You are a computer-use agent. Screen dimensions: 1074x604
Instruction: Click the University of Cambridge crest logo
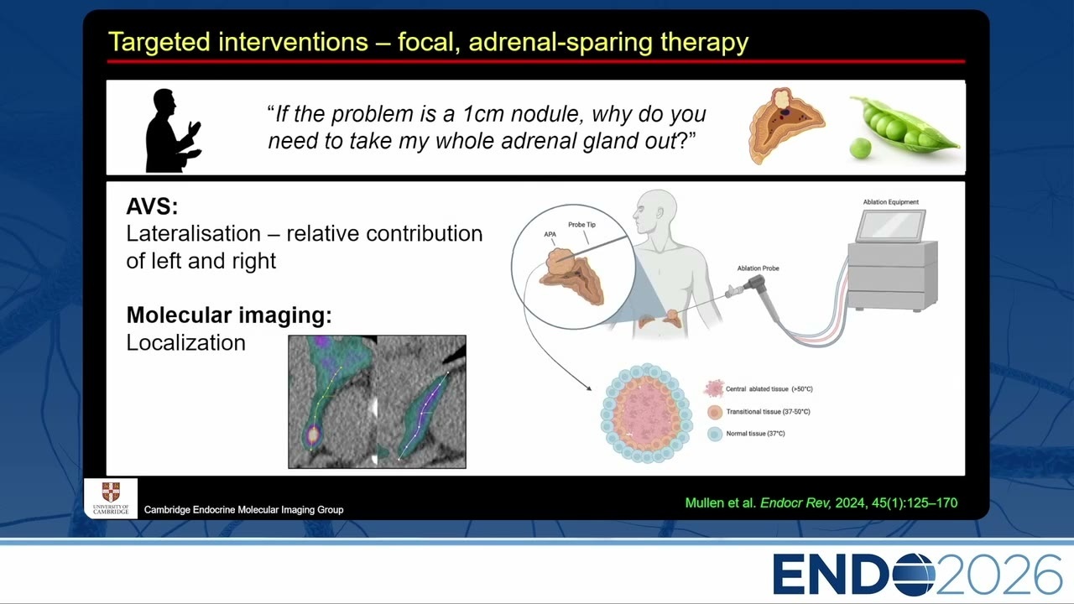pyautogui.click(x=111, y=492)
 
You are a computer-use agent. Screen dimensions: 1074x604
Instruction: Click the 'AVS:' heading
pyautogui.click(x=152, y=206)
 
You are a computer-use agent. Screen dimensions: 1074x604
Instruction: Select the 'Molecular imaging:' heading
pyautogui.click(x=229, y=315)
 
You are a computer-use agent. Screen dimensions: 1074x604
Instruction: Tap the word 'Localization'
pyautogui.click(x=186, y=343)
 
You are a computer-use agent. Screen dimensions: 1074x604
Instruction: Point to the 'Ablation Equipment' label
pyautogui.click(x=891, y=202)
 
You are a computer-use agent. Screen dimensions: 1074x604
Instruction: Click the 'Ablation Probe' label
pyautogui.click(x=758, y=268)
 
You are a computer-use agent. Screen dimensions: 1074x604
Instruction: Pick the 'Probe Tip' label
pyautogui.click(x=581, y=224)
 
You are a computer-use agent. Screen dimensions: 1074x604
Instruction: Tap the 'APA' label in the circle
pyautogui.click(x=550, y=234)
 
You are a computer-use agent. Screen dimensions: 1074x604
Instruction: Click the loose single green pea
pyautogui.click(x=860, y=148)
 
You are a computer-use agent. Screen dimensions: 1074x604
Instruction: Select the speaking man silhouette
pyautogui.click(x=172, y=130)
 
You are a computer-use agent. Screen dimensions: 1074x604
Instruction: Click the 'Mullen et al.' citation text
pyautogui.click(x=721, y=502)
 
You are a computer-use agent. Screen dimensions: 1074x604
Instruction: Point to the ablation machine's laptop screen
pyautogui.click(x=891, y=226)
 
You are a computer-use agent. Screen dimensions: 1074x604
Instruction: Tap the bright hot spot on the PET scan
pyautogui.click(x=313, y=435)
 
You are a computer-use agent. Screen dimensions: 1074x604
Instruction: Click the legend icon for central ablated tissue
pyautogui.click(x=713, y=388)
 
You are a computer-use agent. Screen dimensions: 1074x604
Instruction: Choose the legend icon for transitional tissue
pyautogui.click(x=714, y=412)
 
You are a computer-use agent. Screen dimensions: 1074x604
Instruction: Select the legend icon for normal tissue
pyautogui.click(x=714, y=434)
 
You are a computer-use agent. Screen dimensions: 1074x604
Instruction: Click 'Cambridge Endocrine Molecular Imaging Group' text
pyautogui.click(x=243, y=509)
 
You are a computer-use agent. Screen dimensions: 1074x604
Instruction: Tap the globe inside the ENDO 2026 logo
pyautogui.click(x=914, y=575)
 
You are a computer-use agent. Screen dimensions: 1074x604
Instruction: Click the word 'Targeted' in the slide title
pyautogui.click(x=159, y=42)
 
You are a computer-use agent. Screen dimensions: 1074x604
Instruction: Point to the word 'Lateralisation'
pyautogui.click(x=194, y=234)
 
